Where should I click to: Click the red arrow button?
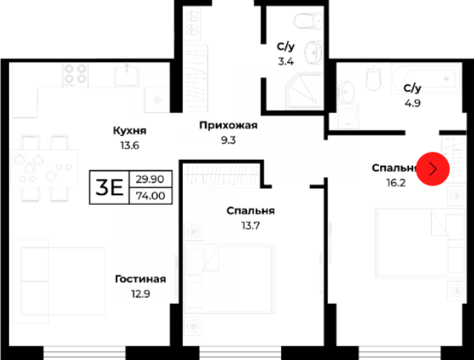coord(433,169)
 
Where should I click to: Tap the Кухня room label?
coord(129,131)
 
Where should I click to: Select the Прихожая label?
coord(228,125)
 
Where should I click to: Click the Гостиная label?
coord(140,279)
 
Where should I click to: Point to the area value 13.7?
coord(251,225)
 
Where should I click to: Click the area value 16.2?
coord(396,183)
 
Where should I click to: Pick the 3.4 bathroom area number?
coord(285,61)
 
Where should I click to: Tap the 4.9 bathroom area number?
coord(413,103)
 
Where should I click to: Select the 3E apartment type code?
coord(109,188)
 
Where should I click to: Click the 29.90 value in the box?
coord(150,179)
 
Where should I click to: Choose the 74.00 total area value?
coord(151,196)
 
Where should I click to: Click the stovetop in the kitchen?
coord(75,75)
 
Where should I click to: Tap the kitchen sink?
coord(126,75)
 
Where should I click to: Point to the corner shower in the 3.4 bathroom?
coord(304,91)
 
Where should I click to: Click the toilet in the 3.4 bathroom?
coord(308,21)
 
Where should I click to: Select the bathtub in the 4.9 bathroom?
coord(426,78)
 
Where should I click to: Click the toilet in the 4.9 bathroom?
coord(373,77)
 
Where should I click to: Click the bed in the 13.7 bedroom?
coord(230,279)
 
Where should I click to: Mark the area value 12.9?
coord(140,293)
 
